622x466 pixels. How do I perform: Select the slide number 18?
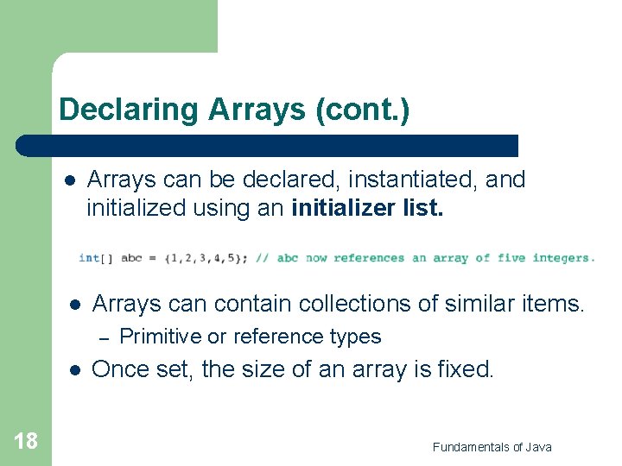(26, 442)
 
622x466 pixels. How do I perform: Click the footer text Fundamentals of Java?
(492, 446)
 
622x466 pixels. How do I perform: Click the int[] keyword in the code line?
(95, 258)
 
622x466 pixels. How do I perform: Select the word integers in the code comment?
(563, 258)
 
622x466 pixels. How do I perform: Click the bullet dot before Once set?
(74, 369)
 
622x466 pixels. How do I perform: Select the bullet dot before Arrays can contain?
(74, 305)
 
